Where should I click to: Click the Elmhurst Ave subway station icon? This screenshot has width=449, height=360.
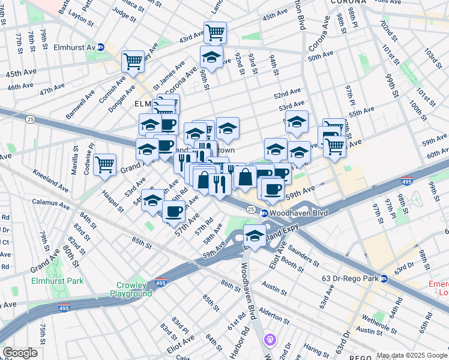pyautogui.click(x=101, y=47)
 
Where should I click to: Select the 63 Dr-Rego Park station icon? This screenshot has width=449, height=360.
pyautogui.click(x=384, y=278)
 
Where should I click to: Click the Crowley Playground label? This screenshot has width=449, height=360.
pyautogui.click(x=131, y=289)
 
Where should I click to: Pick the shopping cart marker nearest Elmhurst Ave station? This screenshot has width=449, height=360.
pyautogui.click(x=133, y=61)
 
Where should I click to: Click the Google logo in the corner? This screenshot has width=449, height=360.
pyautogui.click(x=20, y=353)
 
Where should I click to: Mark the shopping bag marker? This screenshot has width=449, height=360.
pyautogui.click(x=246, y=176)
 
